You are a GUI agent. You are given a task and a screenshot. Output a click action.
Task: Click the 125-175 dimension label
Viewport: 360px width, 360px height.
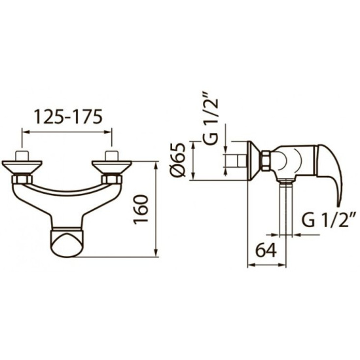(68, 117)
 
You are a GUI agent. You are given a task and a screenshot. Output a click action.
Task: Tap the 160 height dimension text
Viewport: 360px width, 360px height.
(141, 209)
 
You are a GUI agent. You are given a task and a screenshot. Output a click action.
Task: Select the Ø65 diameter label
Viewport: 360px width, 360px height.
(177, 160)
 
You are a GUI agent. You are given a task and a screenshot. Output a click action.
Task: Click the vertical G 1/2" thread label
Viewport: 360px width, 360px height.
(211, 118)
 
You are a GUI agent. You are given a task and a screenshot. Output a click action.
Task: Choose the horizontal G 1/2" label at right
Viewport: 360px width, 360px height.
(329, 220)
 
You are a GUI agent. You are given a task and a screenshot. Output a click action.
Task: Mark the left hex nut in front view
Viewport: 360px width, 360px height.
(22, 179)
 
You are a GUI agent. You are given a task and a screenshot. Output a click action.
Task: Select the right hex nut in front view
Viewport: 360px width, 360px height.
(112, 179)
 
